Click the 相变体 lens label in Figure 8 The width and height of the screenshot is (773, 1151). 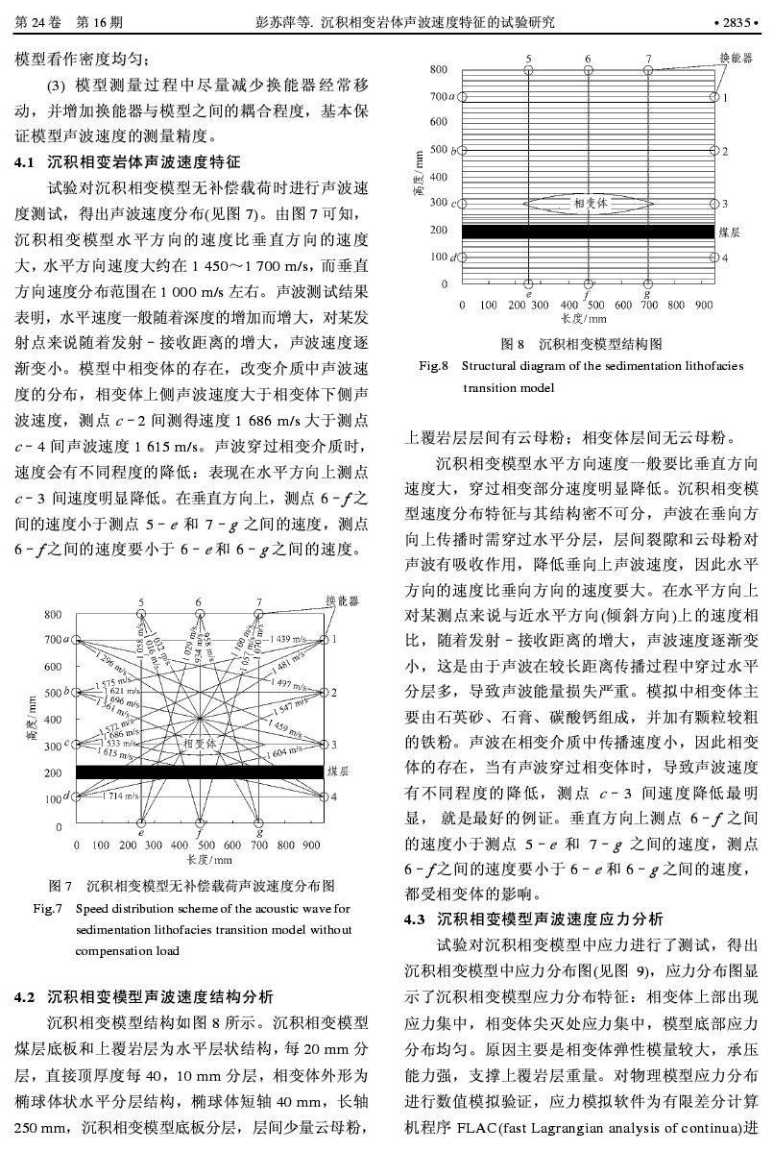(591, 203)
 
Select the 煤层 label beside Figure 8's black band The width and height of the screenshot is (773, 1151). (729, 232)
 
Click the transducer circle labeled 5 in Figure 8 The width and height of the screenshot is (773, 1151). (529, 69)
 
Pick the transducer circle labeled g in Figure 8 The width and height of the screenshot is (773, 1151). (648, 283)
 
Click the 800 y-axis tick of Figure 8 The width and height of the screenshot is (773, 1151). (438, 69)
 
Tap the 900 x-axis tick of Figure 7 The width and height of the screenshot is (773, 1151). (312, 845)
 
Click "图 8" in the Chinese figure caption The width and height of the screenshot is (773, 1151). (512, 344)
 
